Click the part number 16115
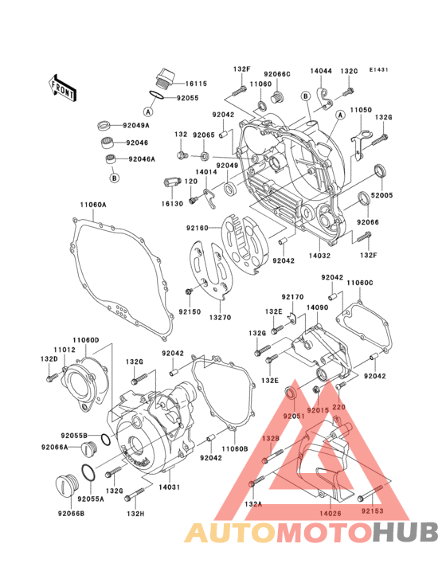(196, 84)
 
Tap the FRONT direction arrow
(64, 86)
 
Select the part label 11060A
(92, 205)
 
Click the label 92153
(372, 510)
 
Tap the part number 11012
(65, 350)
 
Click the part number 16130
(174, 204)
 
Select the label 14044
(321, 71)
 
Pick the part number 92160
(198, 229)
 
